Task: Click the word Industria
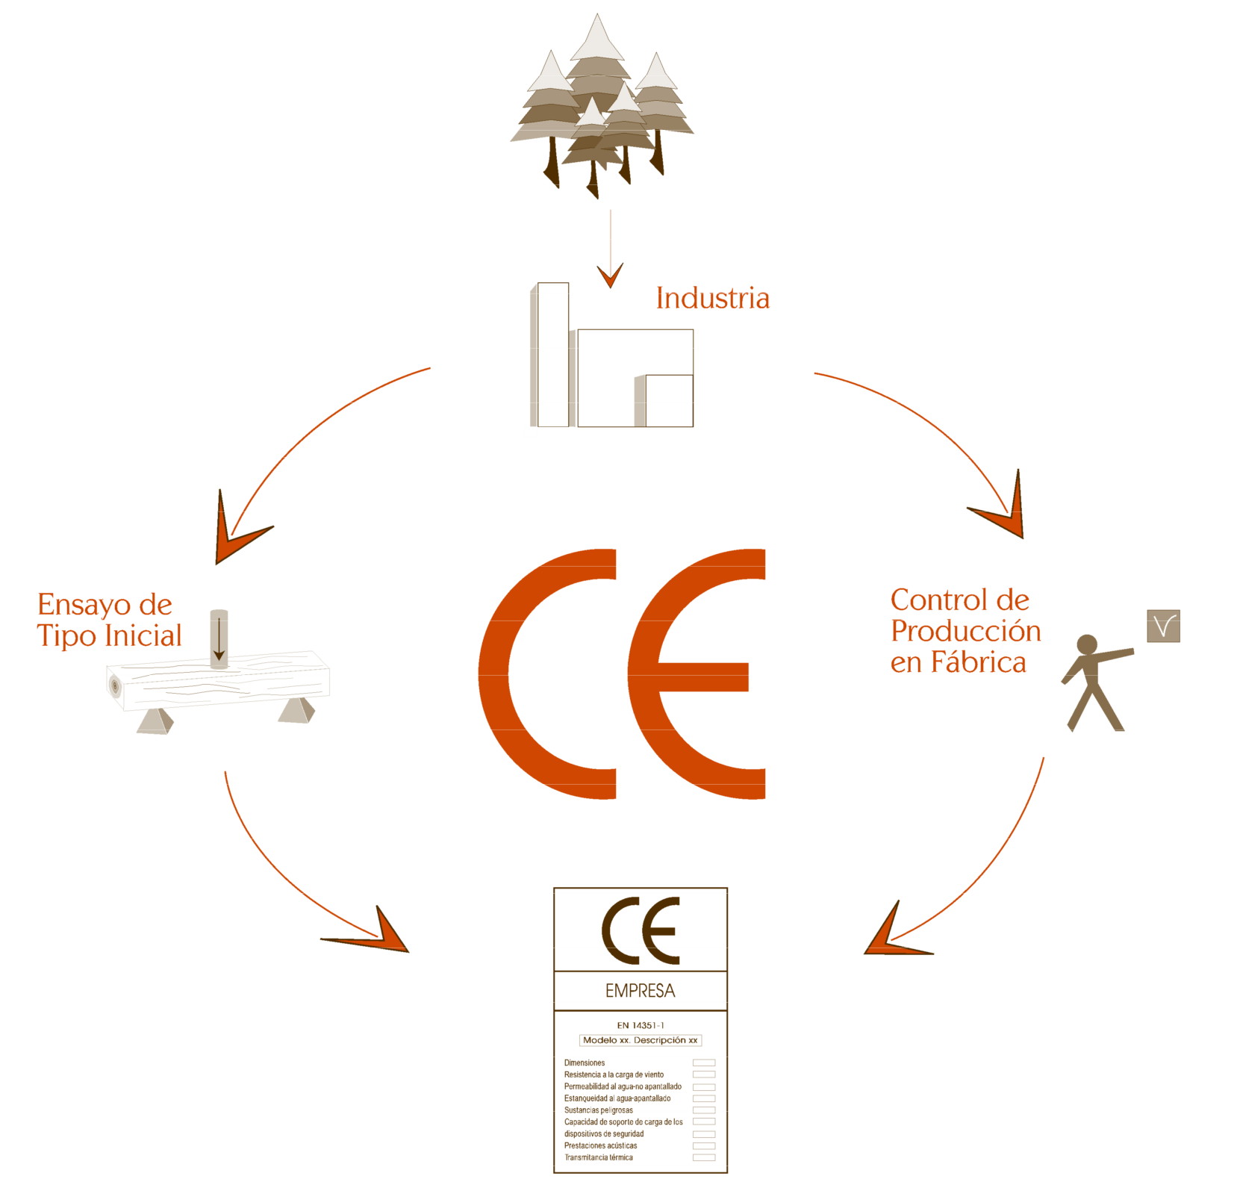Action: coord(712,298)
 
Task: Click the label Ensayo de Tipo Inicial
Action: coord(110,620)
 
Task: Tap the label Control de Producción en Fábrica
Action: coord(965,632)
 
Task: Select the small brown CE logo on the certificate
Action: coord(641,930)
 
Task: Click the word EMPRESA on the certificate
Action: coord(640,991)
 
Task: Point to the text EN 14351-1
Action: coord(640,1025)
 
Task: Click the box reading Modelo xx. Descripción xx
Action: coord(640,1040)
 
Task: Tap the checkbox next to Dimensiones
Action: coord(703,1063)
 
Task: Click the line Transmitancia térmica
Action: coord(599,1157)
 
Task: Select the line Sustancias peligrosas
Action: coord(599,1110)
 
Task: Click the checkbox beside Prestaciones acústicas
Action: coord(703,1145)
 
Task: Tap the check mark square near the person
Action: coord(1163,626)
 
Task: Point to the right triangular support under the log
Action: coord(296,711)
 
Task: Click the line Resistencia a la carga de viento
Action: coord(614,1074)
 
